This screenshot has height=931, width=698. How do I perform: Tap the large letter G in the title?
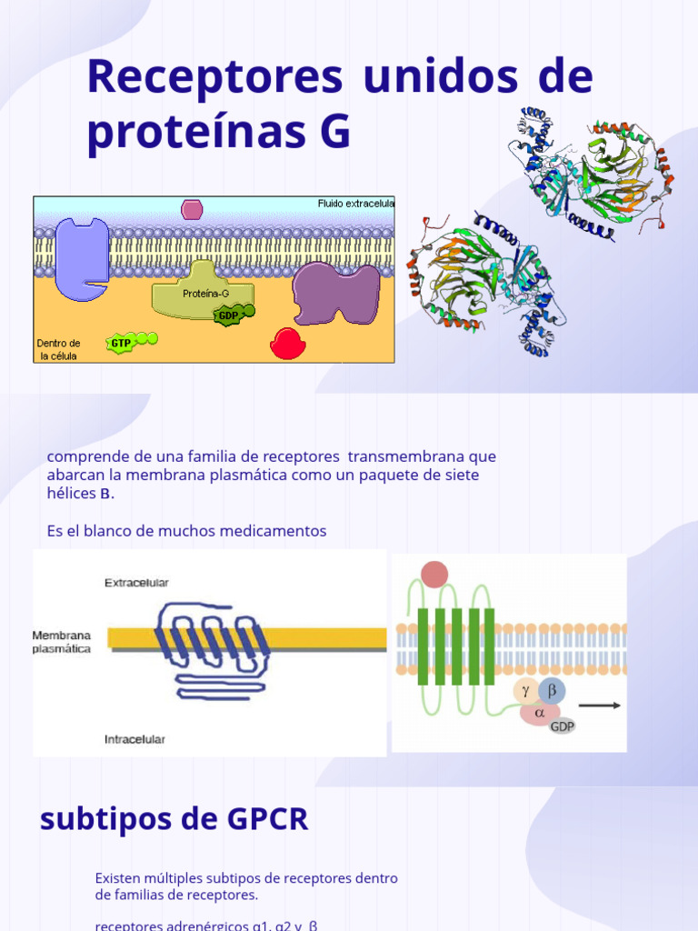tap(334, 132)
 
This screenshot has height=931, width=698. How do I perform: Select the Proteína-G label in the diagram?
tap(205, 293)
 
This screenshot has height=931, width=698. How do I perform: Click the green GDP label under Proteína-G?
tap(227, 315)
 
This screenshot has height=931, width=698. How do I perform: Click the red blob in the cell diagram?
tap(288, 344)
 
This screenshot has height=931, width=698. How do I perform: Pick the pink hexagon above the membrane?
tap(192, 210)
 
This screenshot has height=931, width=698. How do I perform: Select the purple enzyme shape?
tap(335, 293)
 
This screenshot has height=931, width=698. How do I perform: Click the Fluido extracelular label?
tap(355, 204)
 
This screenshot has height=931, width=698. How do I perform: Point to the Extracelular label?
tap(136, 583)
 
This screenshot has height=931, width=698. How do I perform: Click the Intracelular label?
tap(135, 740)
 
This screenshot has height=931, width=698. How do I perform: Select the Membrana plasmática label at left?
tap(62, 642)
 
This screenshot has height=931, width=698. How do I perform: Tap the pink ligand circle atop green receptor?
tap(434, 575)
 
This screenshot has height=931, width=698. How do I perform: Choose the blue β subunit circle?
tap(552, 690)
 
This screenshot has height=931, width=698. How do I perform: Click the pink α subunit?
tap(540, 713)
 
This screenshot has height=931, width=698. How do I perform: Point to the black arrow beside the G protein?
tap(600, 705)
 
